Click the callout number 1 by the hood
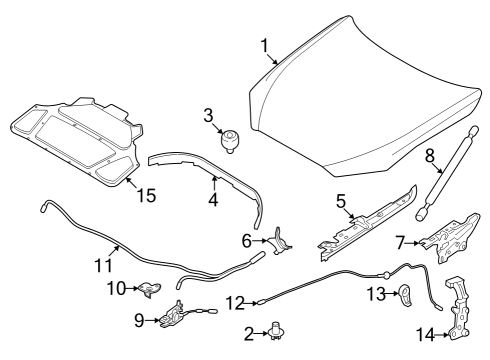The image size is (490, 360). pyautogui.click(x=265, y=46)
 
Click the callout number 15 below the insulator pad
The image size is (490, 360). pyautogui.click(x=146, y=196)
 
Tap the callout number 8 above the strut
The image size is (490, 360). pyautogui.click(x=430, y=156)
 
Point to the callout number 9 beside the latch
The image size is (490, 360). pyautogui.click(x=139, y=320)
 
